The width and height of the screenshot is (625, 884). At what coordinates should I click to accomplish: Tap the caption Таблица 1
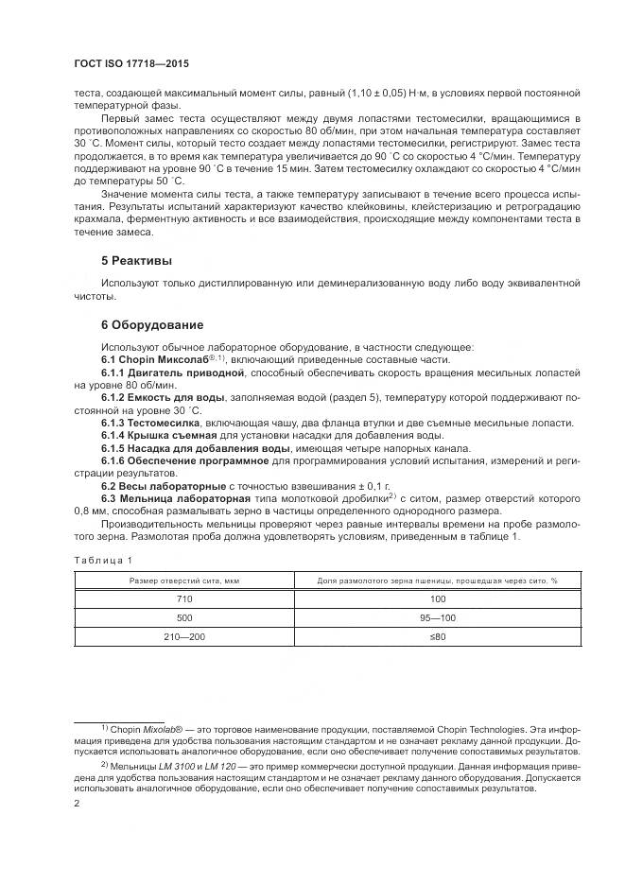tap(99, 560)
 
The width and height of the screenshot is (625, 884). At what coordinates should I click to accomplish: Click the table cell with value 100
tap(438, 600)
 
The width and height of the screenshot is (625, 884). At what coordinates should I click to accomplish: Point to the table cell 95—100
tap(438, 618)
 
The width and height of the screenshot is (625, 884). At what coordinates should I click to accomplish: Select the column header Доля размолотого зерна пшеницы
tap(438, 581)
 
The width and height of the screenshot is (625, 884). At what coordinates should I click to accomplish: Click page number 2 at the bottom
tap(77, 804)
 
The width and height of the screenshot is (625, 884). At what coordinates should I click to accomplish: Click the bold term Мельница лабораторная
tap(176, 497)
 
